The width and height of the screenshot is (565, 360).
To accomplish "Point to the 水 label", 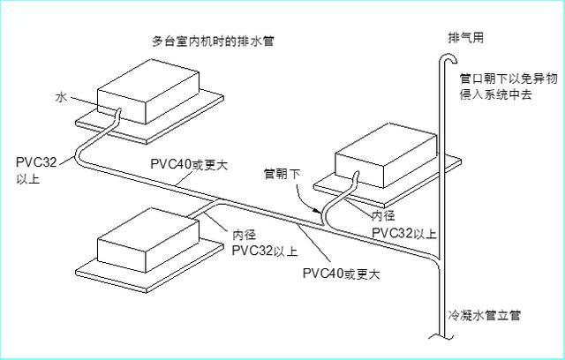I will (x=61, y=99).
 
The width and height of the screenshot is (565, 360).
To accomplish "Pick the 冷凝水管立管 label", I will (x=484, y=315).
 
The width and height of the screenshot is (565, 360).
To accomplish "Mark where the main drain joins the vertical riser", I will (x=438, y=259).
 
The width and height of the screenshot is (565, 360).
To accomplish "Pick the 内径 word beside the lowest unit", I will (x=245, y=235).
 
